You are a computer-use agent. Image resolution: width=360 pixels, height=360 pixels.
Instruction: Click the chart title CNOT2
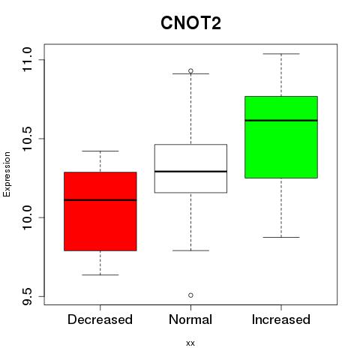(190, 22)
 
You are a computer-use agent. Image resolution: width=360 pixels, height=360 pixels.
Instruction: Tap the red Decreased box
(100, 211)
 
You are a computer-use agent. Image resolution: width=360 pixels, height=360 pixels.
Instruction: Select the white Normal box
(190, 169)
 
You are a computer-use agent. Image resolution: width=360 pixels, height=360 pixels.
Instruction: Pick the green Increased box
(281, 137)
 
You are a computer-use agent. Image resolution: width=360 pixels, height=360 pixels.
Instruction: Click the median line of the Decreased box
(100, 200)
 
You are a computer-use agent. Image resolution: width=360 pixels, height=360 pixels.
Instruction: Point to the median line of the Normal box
(190, 172)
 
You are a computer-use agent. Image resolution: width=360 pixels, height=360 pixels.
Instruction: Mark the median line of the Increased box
(281, 121)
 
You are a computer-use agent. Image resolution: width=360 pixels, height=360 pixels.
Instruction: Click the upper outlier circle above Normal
(190, 71)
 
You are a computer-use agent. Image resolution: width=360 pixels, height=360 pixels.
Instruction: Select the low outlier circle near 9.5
(190, 295)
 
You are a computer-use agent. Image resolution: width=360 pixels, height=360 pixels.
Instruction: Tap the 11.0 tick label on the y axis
(27, 60)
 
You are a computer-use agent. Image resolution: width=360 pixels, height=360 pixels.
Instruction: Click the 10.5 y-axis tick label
(27, 139)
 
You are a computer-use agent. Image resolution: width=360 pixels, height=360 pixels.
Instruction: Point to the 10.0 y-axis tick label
(27, 217)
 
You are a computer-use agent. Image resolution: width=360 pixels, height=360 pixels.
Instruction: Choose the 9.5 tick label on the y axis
(27, 296)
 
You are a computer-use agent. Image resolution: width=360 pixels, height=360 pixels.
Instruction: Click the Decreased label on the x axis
(100, 319)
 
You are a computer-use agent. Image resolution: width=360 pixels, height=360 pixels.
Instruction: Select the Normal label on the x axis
(190, 319)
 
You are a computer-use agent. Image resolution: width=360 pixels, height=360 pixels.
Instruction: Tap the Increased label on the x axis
(281, 319)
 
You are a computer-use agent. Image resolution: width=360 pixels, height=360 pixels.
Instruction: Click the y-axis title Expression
(7, 174)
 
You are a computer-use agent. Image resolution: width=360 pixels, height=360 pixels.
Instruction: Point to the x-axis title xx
(190, 343)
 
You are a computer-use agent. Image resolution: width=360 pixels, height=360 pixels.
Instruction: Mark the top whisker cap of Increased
(281, 54)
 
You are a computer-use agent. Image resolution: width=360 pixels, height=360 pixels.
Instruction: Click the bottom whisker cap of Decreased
(100, 275)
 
